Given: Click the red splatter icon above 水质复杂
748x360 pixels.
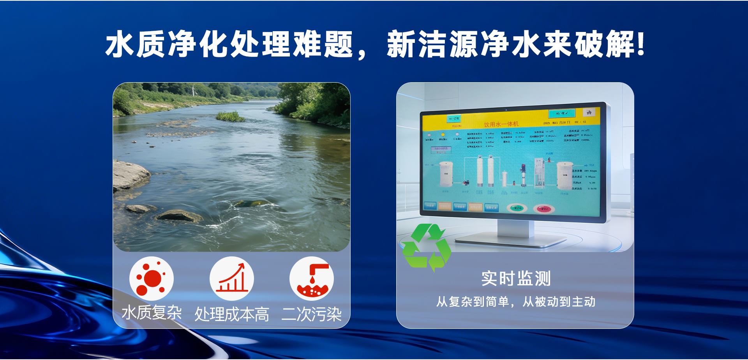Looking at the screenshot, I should (152, 279).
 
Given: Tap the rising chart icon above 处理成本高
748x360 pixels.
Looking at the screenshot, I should (232, 279).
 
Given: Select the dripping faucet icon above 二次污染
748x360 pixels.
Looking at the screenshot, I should (312, 279).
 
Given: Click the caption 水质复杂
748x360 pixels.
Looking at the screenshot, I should (152, 313).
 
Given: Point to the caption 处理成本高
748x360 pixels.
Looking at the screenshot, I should (232, 314).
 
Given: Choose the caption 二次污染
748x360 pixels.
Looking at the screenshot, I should (312, 314).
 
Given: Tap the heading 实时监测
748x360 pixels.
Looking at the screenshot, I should (515, 279).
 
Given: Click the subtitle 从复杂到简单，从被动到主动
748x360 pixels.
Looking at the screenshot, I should (515, 302).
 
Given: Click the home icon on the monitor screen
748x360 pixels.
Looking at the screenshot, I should (589, 112).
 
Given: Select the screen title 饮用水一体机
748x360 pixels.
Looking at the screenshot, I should (501, 124).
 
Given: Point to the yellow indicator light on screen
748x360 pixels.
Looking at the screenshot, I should (443, 134).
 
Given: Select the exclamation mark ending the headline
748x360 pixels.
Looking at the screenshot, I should (639, 46).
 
